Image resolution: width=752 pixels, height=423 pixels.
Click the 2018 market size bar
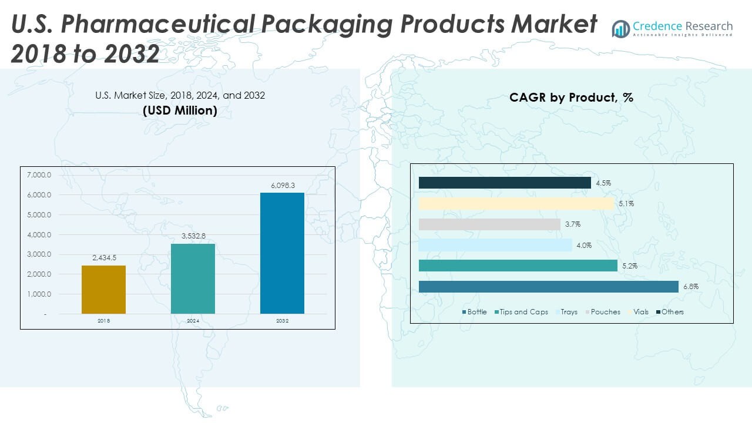[x=103, y=289]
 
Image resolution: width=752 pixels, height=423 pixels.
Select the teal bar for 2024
[x=193, y=278]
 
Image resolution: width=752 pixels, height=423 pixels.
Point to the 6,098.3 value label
[x=282, y=186]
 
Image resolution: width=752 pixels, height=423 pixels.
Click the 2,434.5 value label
[x=103, y=258]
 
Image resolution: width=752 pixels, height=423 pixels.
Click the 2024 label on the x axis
[x=193, y=321]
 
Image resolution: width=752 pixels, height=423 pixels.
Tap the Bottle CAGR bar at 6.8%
[x=549, y=287]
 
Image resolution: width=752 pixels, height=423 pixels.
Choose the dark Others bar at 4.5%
[x=505, y=183]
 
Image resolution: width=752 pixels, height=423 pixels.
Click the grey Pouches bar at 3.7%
[x=489, y=224]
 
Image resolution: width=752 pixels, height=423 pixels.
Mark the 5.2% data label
[x=630, y=266]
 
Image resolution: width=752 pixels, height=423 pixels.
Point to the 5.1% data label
[x=626, y=204]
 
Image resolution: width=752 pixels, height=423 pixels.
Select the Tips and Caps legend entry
[x=523, y=312]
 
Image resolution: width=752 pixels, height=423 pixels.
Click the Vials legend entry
[x=641, y=312]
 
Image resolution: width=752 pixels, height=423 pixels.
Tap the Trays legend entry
[x=569, y=312]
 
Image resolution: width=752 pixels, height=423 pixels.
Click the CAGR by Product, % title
[x=571, y=98]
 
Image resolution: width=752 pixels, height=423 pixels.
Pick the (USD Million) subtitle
[x=180, y=110]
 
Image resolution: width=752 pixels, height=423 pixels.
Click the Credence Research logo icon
[x=620, y=29]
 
